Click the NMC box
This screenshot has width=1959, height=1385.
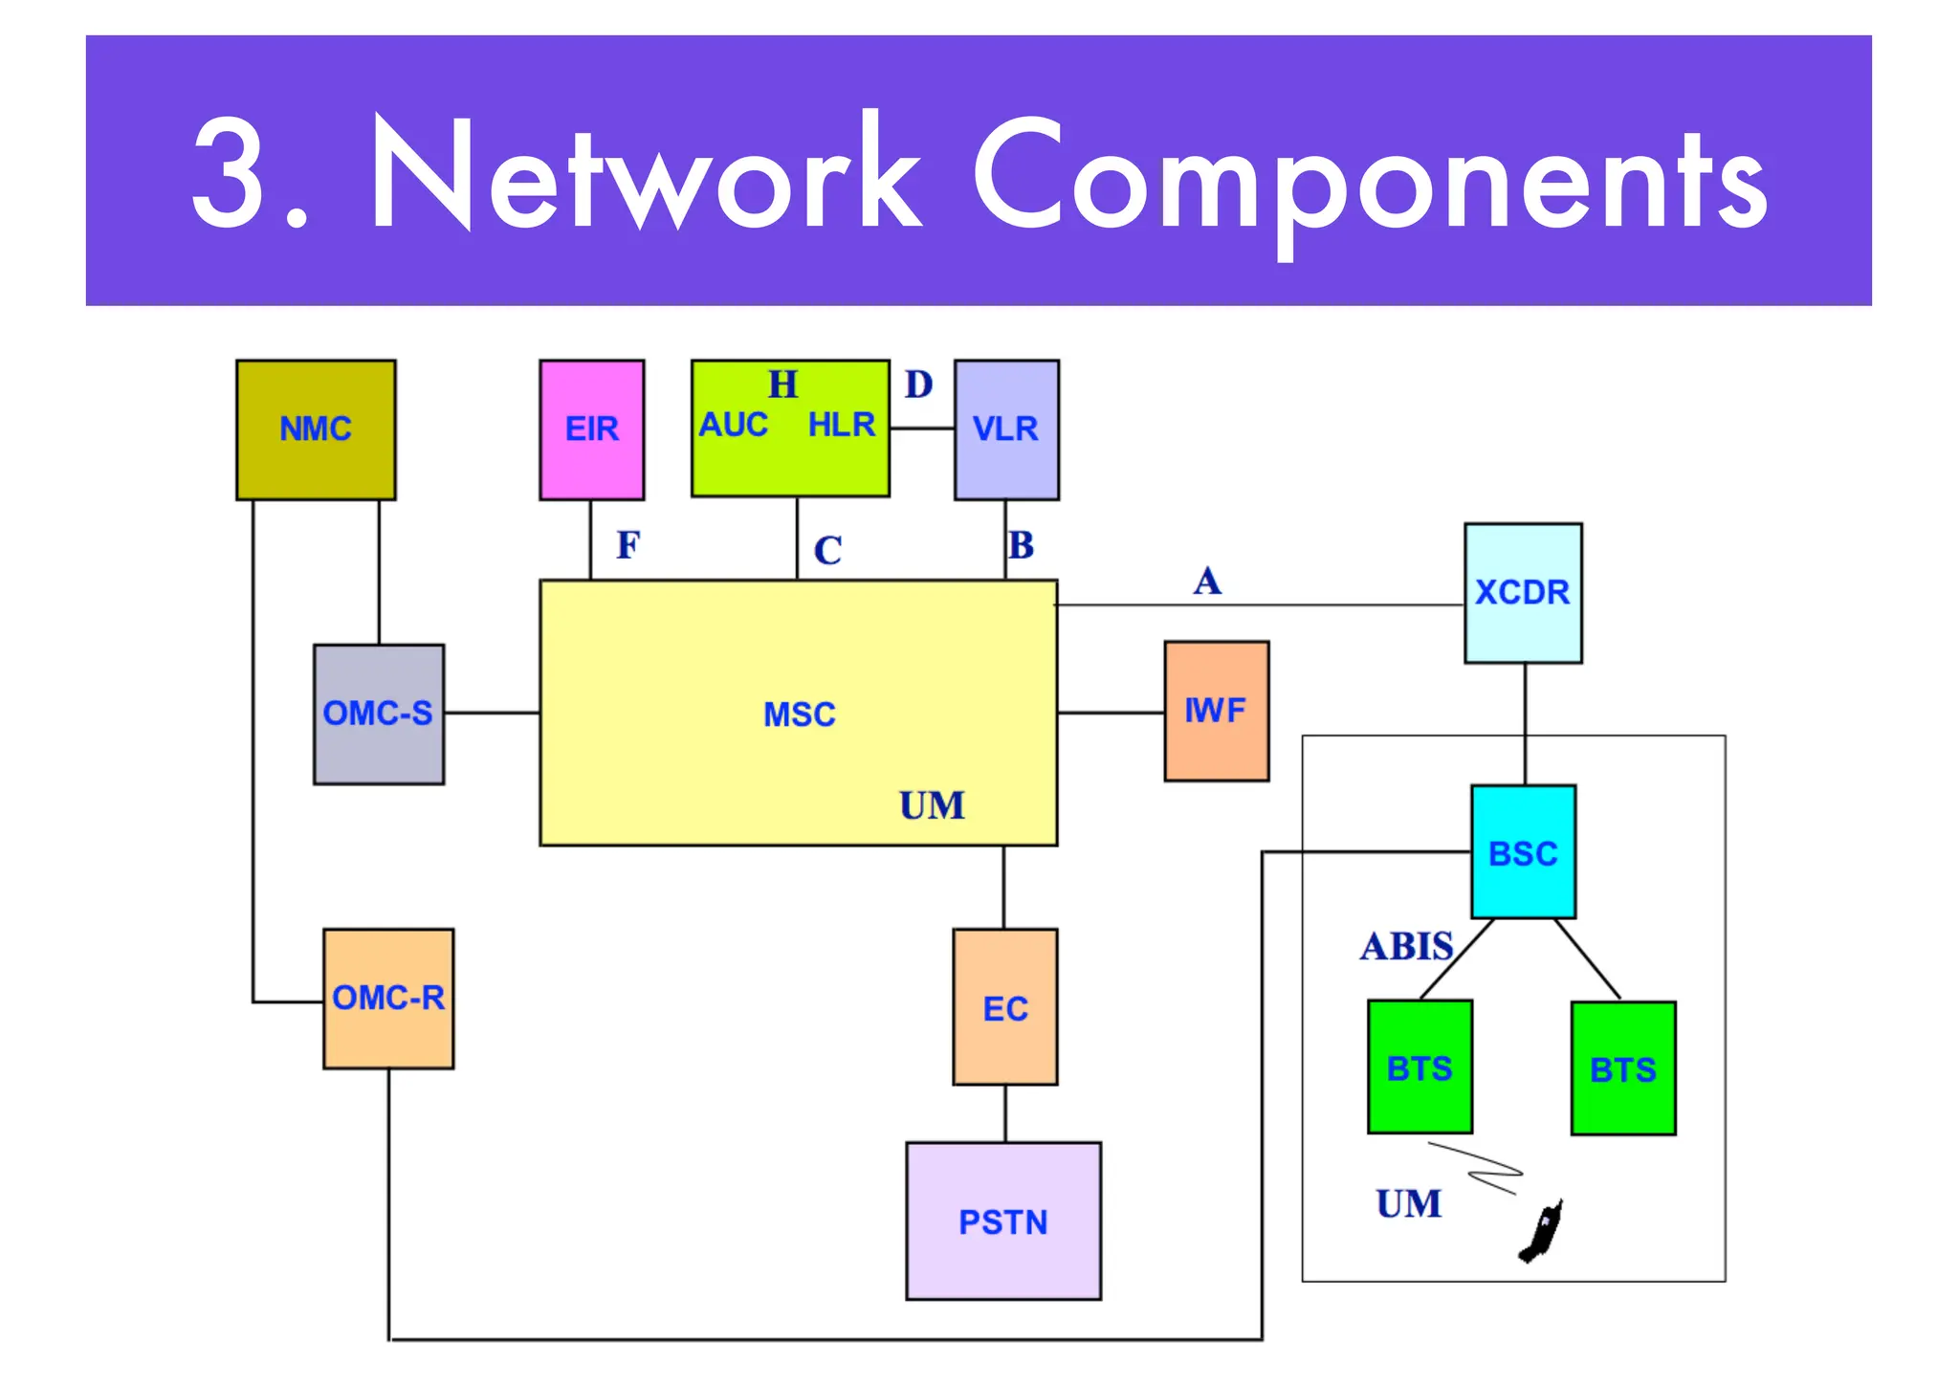tap(316, 429)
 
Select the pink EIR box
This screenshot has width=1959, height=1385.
tap(591, 429)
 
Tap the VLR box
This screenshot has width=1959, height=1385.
tap(1006, 429)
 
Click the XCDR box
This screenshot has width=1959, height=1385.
tap(1523, 593)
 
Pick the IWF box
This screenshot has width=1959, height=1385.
tap(1216, 711)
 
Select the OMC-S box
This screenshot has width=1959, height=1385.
tap(379, 714)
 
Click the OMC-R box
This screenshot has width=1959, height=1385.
tap(388, 999)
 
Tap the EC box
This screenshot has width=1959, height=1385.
tap(1005, 1007)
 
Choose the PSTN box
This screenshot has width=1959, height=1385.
tap(1003, 1221)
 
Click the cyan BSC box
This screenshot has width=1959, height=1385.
tap(1523, 852)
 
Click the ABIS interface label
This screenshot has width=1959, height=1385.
tap(1406, 946)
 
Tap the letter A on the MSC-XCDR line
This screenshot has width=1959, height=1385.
tap(1207, 581)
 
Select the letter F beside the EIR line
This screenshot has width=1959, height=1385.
tap(627, 545)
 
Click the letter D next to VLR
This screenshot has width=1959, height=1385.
tap(918, 385)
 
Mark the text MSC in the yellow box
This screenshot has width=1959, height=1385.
tap(800, 714)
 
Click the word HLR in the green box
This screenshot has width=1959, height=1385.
tap(842, 425)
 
